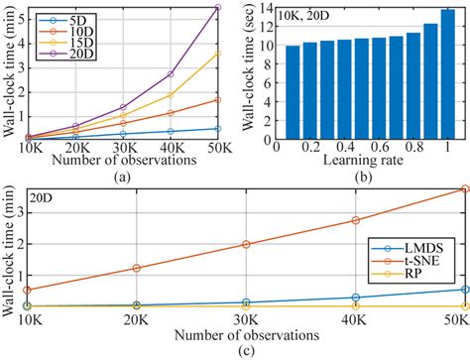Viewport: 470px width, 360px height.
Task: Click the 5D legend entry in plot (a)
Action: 62,18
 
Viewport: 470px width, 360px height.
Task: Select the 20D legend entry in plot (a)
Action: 62,54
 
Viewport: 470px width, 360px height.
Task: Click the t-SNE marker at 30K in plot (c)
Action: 246,244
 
